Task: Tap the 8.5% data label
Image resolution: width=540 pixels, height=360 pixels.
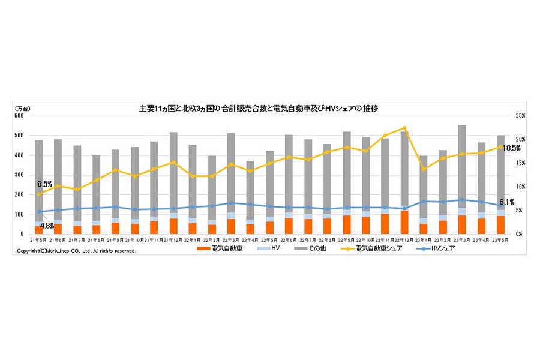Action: pyautogui.click(x=44, y=184)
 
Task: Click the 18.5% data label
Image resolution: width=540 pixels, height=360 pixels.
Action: pyautogui.click(x=511, y=148)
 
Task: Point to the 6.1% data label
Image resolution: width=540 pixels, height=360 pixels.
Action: pyautogui.click(x=507, y=202)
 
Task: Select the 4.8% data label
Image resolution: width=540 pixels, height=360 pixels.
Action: pyautogui.click(x=47, y=226)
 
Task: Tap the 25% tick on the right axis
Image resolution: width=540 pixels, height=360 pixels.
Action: pyautogui.click(x=520, y=116)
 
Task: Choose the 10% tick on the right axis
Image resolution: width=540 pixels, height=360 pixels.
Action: pyautogui.click(x=520, y=187)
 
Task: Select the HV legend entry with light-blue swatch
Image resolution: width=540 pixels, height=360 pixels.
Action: pyautogui.click(x=268, y=248)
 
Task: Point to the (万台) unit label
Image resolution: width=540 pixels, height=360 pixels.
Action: pyautogui.click(x=23, y=108)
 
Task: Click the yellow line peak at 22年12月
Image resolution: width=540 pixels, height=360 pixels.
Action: pyautogui.click(x=404, y=128)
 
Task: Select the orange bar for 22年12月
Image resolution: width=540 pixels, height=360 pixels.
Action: pyautogui.click(x=404, y=223)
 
